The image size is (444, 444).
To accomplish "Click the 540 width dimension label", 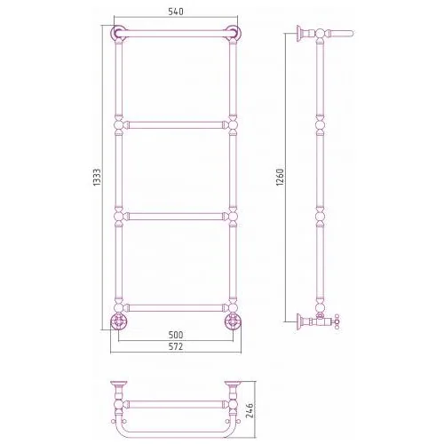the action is click(176, 12).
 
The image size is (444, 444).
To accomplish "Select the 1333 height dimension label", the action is click(97, 178).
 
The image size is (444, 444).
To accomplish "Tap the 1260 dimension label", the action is click(280, 178).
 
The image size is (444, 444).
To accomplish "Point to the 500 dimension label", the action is click(176, 335).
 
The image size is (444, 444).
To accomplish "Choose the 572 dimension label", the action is click(176, 346).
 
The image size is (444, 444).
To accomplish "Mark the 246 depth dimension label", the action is click(250, 410).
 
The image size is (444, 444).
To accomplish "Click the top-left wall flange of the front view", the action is click(118, 33).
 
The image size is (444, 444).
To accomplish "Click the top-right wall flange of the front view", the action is click(233, 33).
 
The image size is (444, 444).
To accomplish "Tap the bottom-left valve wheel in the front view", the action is click(118, 321).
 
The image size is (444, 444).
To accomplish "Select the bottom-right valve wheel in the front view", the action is click(233, 321).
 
